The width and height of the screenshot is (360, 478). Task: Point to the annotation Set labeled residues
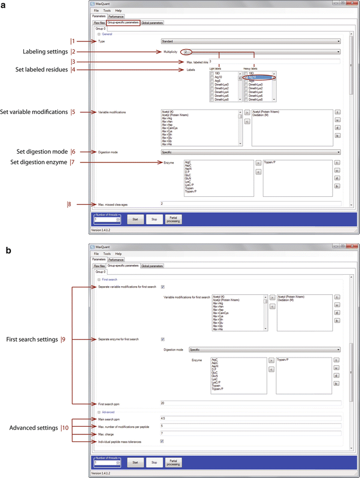click(41, 69)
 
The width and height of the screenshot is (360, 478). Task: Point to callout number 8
click(69, 204)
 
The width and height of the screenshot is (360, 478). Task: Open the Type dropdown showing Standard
click(250, 41)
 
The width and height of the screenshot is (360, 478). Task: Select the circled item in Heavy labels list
click(259, 78)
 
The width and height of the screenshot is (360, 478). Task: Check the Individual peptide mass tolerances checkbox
click(163, 441)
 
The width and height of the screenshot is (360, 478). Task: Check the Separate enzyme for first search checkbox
click(163, 339)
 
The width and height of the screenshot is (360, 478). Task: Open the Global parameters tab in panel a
click(152, 22)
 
